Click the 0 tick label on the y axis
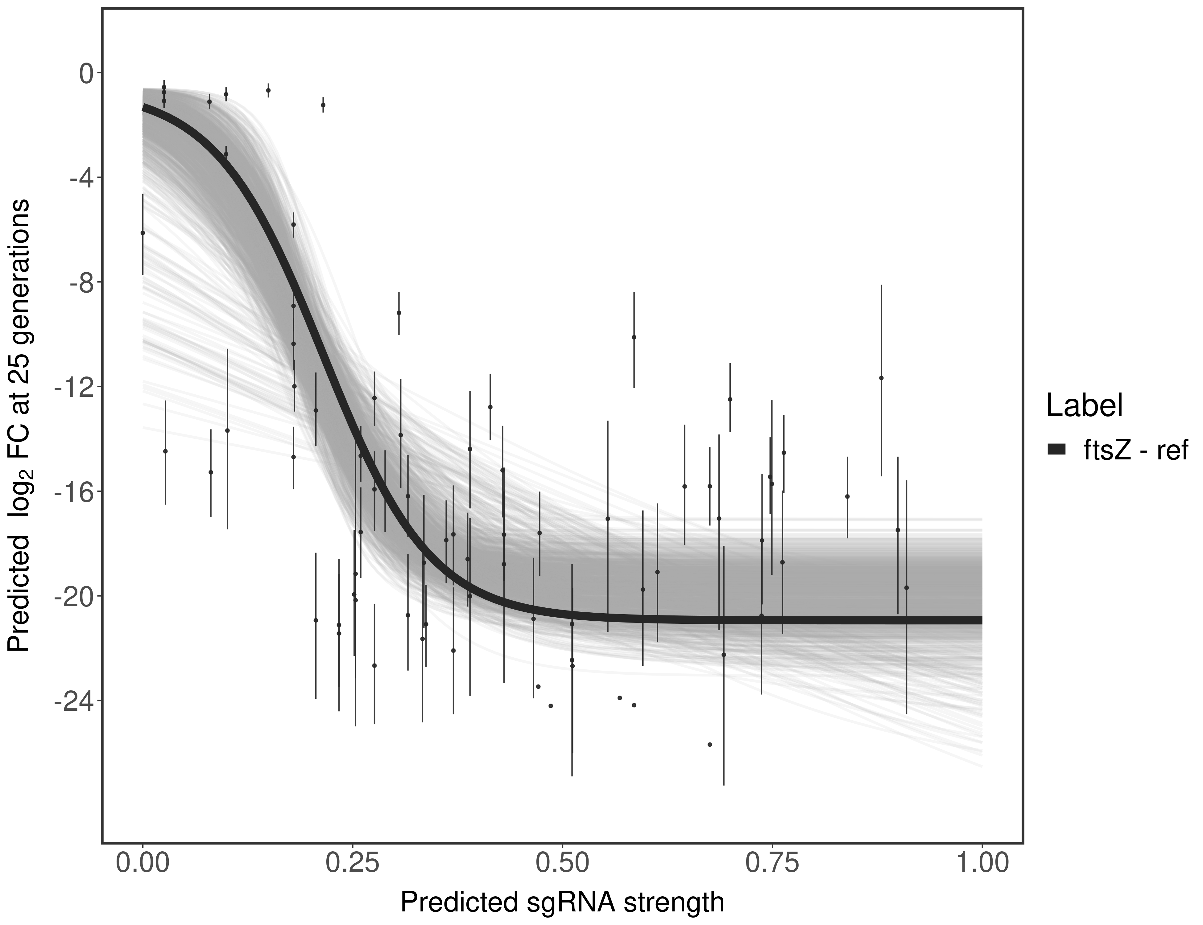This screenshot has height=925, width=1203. tap(86, 73)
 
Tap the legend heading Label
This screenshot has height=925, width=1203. tap(1085, 406)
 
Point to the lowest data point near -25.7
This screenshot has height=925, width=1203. tap(709, 744)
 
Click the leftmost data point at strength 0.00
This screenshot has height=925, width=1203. tap(143, 233)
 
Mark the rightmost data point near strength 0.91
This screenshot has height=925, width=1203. tap(906, 587)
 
